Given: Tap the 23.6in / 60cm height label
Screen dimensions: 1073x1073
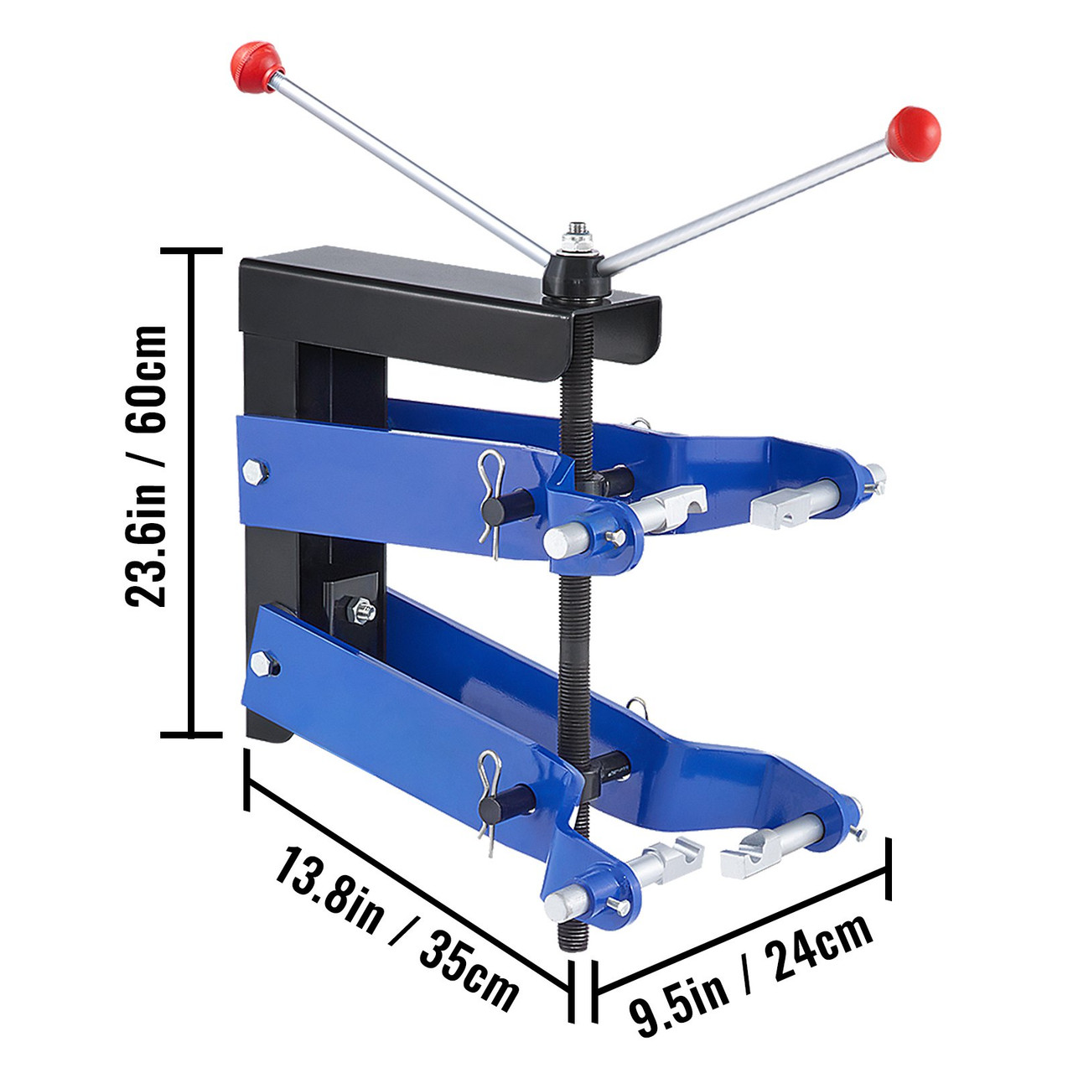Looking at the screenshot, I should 148,466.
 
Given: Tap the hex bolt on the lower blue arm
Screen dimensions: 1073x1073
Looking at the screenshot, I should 264,666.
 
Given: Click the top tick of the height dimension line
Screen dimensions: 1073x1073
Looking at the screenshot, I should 194,250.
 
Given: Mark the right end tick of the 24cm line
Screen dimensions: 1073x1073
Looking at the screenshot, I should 887,871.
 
